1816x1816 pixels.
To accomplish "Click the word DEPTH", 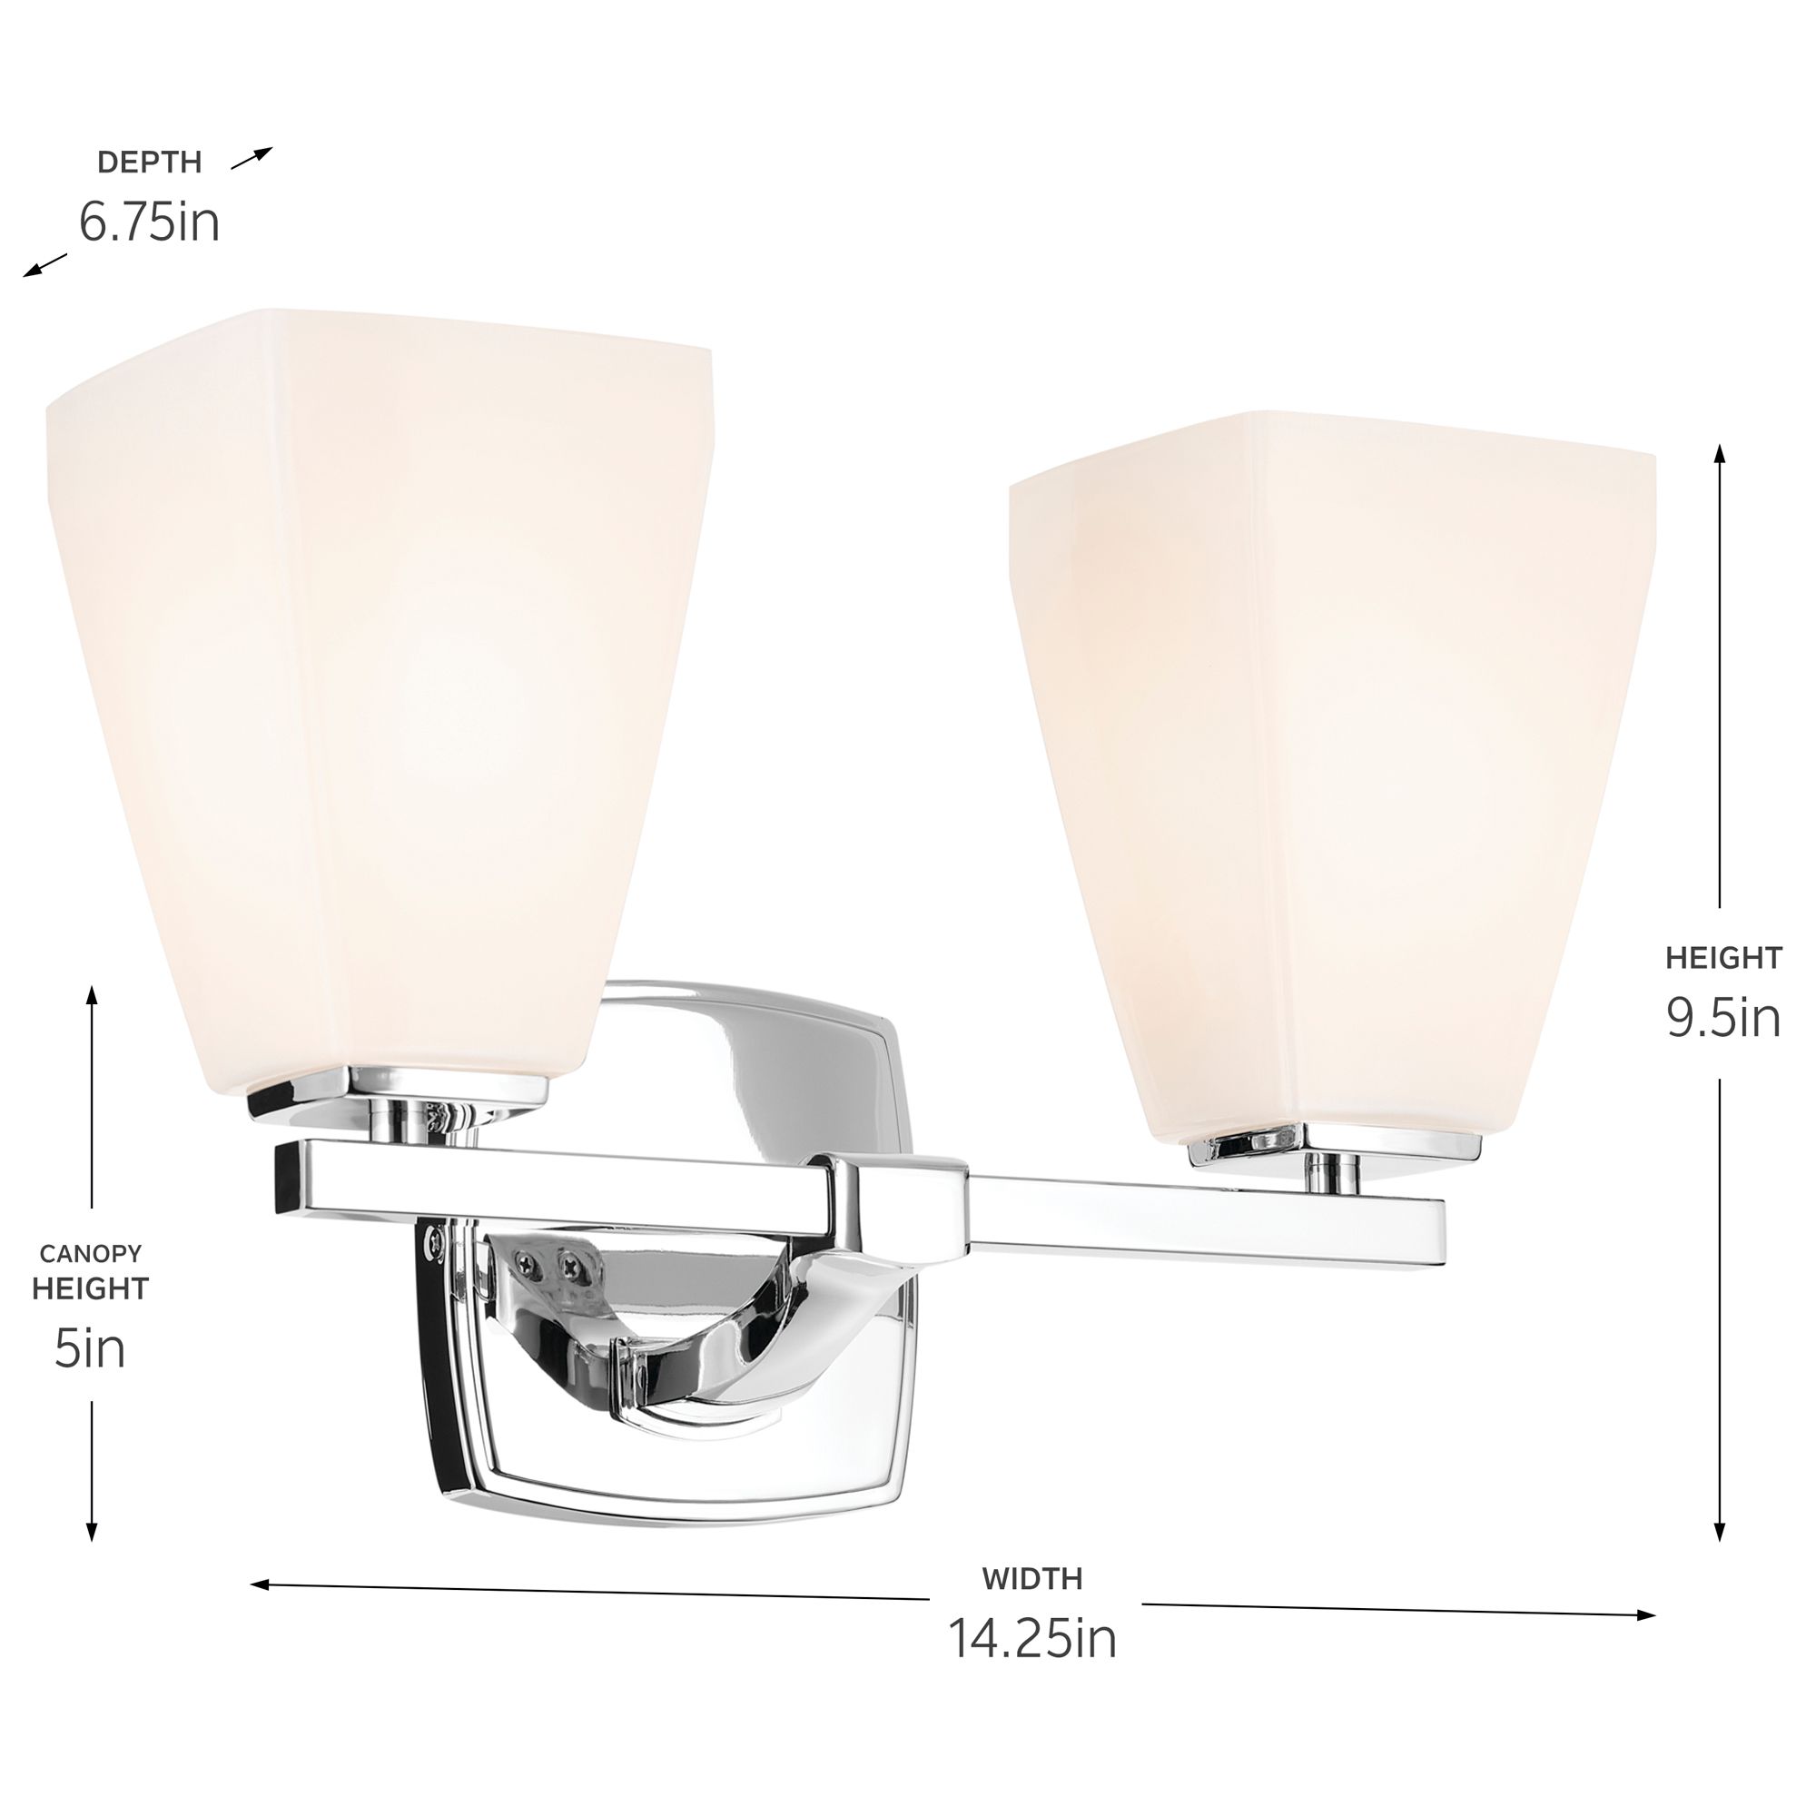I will [x=150, y=163].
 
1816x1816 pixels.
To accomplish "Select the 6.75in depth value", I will [x=149, y=222].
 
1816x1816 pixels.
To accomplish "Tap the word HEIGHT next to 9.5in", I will [x=1724, y=958].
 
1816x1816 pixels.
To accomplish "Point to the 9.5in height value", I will [x=1724, y=1017].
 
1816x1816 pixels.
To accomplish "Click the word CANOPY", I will [x=90, y=1253].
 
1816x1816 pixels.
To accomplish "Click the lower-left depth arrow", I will [x=45, y=267].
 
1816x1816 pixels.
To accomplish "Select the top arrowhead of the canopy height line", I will [x=91, y=994].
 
